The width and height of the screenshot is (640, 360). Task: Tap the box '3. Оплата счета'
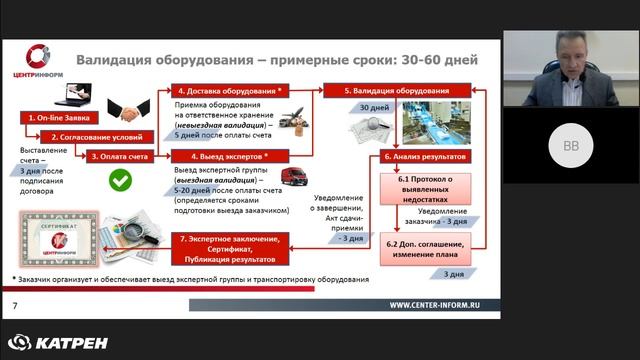click(x=121, y=156)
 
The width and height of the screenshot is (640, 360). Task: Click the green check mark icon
click(x=121, y=181)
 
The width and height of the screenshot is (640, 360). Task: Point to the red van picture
click(x=292, y=180)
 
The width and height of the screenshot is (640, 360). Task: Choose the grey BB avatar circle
click(x=570, y=145)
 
